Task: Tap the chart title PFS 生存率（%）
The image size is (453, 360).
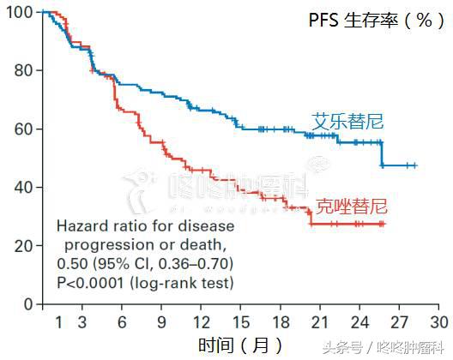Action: pyautogui.click(x=371, y=21)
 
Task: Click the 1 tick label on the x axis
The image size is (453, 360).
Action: pyautogui.click(x=58, y=321)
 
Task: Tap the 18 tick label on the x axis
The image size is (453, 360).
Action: pyautogui.click(x=281, y=321)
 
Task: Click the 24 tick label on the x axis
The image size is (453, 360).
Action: pyautogui.click(x=360, y=321)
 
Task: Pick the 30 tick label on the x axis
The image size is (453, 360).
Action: pyautogui.click(x=439, y=321)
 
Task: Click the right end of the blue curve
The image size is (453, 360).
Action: pyautogui.click(x=416, y=165)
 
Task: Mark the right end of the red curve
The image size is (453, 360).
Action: pyautogui.click(x=384, y=224)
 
